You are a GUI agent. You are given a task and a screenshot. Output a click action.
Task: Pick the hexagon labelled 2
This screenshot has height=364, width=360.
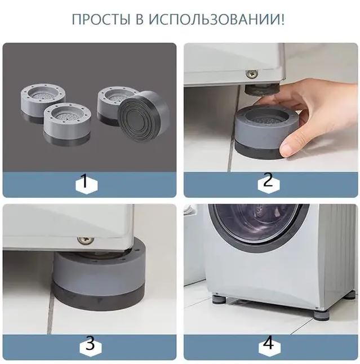pos(268,181)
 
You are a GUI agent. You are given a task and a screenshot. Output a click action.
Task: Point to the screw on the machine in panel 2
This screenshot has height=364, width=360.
pos(252,74)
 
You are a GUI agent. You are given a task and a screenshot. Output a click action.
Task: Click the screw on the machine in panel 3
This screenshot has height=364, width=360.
pos(86,241)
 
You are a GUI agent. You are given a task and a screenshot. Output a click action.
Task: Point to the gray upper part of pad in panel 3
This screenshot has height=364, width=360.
pos(96,270)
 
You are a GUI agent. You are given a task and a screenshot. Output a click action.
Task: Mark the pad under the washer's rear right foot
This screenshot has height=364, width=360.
pos(350,294)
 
